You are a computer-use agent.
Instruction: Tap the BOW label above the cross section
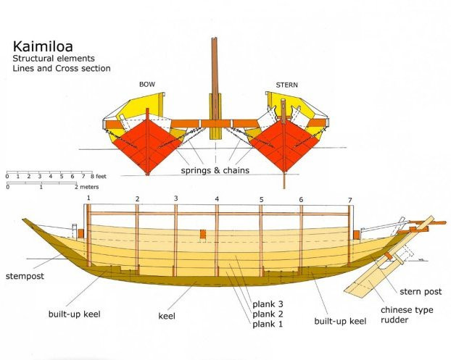pyautogui.click(x=147, y=85)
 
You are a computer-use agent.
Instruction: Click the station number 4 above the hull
pyautogui.click(x=216, y=198)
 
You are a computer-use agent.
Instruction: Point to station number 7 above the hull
pyautogui.click(x=349, y=199)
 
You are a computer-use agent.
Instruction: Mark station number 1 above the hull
pyautogui.click(x=88, y=197)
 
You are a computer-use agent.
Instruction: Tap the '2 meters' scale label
pyautogui.click(x=85, y=186)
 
